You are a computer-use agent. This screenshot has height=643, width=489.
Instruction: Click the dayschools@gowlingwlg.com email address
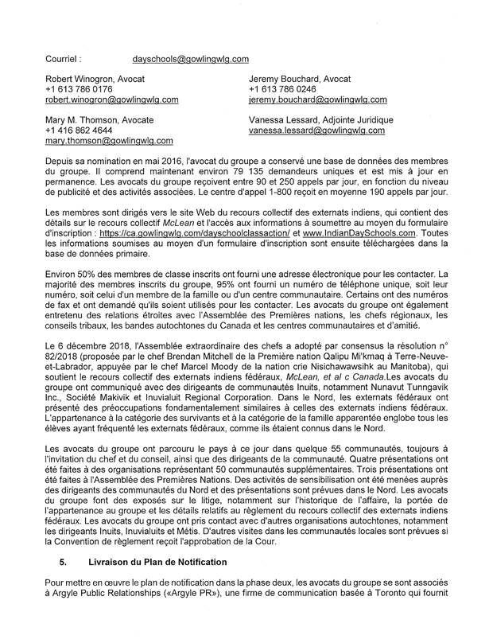point(191,58)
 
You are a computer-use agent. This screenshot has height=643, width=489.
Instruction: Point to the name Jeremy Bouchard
point(284,80)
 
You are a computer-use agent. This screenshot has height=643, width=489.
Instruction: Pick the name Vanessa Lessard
point(284,119)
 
